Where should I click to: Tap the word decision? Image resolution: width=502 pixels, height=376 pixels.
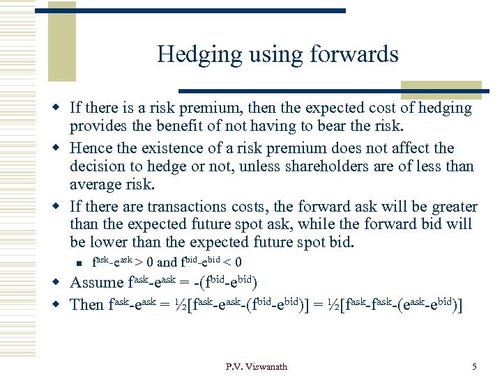point(97,166)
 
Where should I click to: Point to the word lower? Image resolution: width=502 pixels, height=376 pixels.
point(114,242)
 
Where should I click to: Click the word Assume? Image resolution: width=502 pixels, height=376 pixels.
point(96,283)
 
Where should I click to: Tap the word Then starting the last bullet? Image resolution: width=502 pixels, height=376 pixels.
point(87,304)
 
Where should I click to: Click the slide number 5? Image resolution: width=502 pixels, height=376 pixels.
point(474,367)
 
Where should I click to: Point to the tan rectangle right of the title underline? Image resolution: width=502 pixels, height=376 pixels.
point(441,90)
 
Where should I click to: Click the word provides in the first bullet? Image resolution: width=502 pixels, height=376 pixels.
point(98,127)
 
